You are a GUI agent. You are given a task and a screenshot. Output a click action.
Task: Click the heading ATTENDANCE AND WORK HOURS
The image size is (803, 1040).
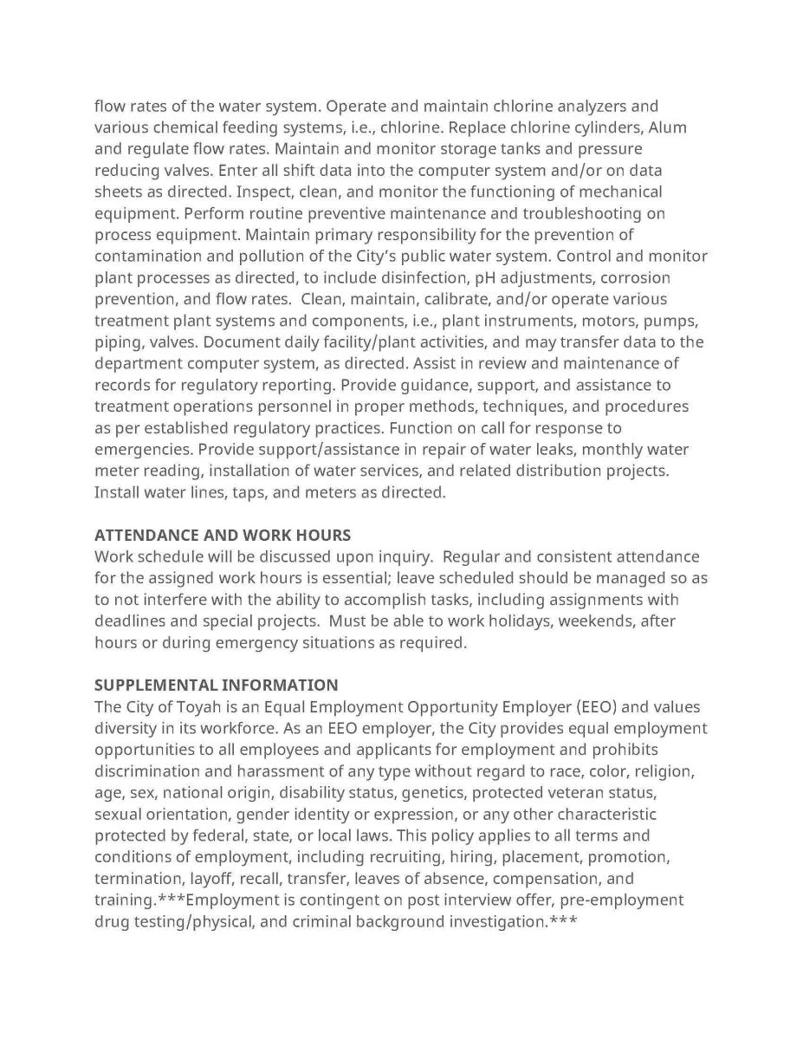click(x=222, y=535)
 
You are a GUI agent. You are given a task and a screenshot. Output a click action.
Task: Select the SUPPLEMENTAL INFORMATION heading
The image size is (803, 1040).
click(x=216, y=685)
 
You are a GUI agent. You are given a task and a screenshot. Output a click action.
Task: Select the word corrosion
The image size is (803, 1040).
click(x=635, y=277)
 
